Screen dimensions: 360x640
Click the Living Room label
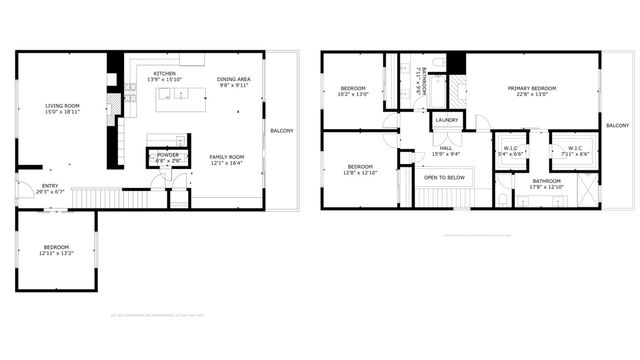62,105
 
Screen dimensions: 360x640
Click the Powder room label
167,155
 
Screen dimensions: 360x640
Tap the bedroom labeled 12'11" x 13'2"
56,247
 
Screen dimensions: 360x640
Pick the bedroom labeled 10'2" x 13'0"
353,90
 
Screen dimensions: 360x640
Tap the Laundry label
447,121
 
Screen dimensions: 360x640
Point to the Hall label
445,149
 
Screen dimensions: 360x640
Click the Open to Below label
443,177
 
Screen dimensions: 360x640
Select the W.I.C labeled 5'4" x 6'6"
511,149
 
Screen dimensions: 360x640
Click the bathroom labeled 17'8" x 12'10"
547,182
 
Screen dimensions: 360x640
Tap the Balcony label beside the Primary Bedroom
617,125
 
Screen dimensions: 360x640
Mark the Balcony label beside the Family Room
282,130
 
